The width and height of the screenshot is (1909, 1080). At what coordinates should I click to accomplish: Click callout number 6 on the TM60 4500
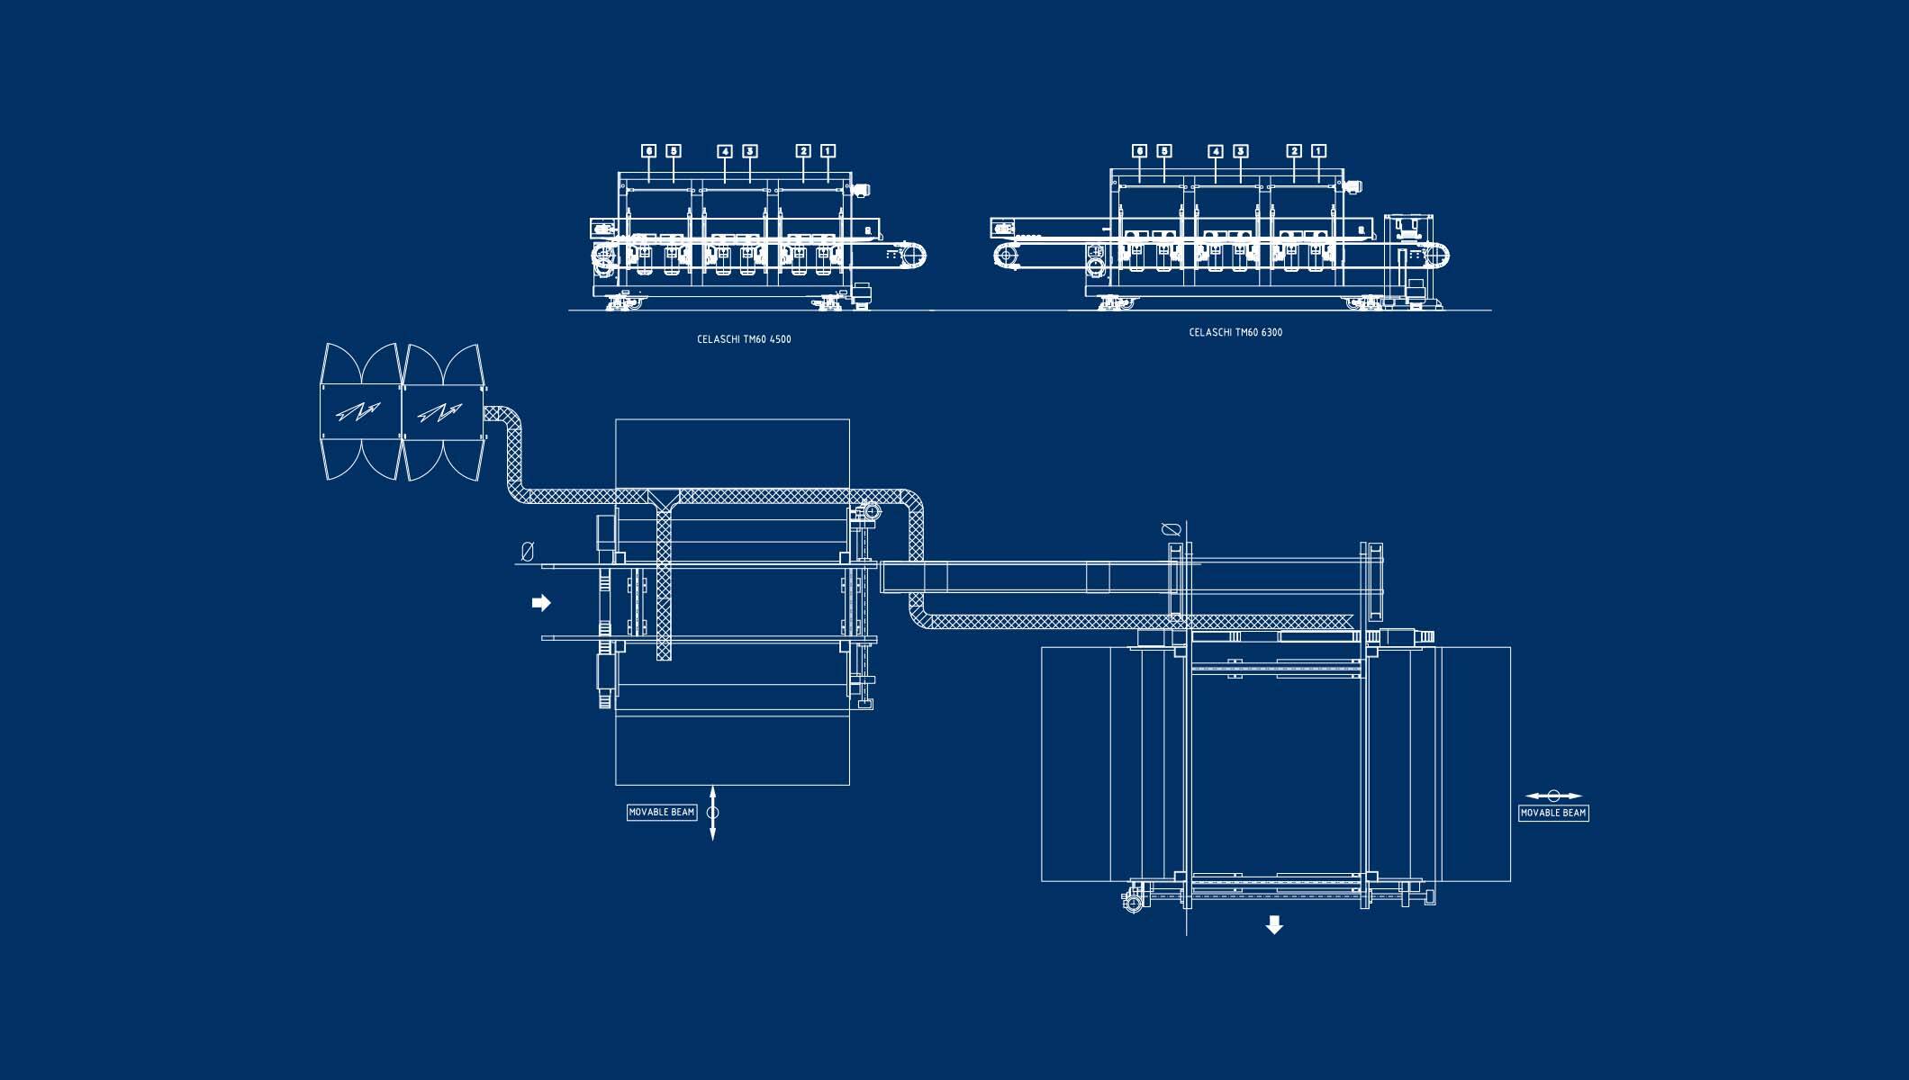tap(649, 151)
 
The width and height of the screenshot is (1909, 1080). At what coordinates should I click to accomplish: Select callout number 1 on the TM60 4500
tap(828, 151)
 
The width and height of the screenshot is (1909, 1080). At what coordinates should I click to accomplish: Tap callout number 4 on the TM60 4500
tap(725, 151)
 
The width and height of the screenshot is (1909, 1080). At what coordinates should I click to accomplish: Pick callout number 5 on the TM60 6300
tap(1164, 150)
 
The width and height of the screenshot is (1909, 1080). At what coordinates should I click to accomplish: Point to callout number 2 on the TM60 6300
tap(1294, 150)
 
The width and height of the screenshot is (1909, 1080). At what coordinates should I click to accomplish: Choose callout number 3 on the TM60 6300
tap(1240, 150)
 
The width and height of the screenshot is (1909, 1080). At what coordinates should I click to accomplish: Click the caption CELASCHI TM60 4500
tap(744, 339)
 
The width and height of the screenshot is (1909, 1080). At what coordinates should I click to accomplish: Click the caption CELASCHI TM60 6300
tap(1235, 332)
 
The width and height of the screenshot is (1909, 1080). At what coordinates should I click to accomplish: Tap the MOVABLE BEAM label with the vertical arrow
tap(662, 812)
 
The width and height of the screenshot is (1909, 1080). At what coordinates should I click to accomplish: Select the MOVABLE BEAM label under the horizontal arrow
tap(1553, 813)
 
